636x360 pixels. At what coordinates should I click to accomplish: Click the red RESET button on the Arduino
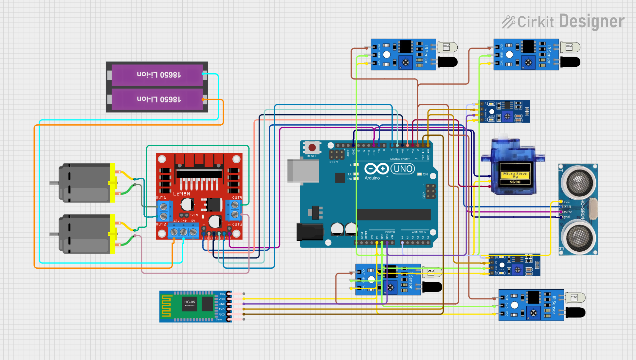click(x=312, y=147)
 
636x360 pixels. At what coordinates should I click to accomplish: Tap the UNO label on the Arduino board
click(x=403, y=169)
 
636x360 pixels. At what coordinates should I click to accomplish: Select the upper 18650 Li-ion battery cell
click(x=157, y=75)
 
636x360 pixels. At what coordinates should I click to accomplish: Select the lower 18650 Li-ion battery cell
click(x=157, y=99)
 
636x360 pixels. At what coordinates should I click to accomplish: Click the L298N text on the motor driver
click(x=181, y=194)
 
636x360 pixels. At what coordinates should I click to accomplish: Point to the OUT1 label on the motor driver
click(x=161, y=198)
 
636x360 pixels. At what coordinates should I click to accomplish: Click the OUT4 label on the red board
click(x=237, y=198)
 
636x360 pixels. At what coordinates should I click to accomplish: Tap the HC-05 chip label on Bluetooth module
click(x=190, y=302)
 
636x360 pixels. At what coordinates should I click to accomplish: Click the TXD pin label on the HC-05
click(x=222, y=309)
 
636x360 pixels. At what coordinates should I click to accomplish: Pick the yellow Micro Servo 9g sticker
click(x=515, y=175)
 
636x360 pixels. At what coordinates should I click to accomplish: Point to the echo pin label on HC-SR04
click(x=567, y=212)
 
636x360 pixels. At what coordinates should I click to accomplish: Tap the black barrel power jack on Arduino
click(x=310, y=232)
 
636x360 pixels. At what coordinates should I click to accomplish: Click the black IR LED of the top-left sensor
click(x=447, y=62)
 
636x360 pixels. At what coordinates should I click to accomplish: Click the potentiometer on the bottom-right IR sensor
click(x=533, y=313)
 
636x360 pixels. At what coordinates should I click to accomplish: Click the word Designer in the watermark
click(x=592, y=22)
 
